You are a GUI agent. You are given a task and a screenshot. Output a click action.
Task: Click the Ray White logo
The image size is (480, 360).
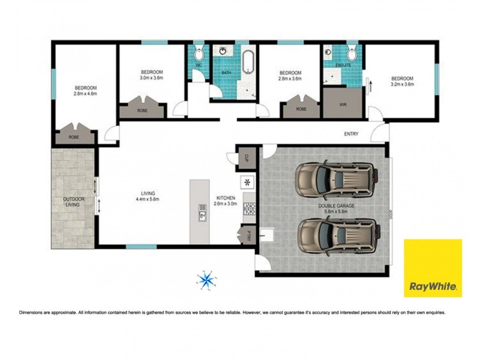(x=433, y=268)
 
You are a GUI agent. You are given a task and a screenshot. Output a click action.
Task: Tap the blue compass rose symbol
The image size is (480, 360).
(x=206, y=279)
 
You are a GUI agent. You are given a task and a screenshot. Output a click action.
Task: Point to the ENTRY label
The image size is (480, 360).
(x=351, y=133)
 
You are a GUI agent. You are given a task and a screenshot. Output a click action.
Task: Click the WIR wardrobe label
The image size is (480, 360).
(x=343, y=104)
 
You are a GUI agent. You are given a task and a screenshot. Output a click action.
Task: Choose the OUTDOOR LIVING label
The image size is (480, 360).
(x=74, y=202)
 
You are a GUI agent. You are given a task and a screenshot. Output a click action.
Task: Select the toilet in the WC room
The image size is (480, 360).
(x=199, y=52)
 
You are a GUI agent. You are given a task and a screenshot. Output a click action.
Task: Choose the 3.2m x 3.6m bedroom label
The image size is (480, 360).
(x=402, y=82)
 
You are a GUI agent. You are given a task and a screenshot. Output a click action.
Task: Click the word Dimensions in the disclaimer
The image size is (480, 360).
(x=34, y=313)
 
